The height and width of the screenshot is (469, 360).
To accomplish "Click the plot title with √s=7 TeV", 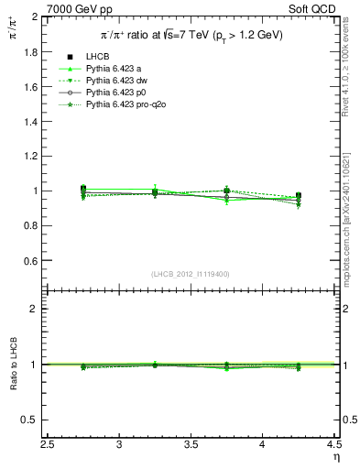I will pos(191,35).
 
